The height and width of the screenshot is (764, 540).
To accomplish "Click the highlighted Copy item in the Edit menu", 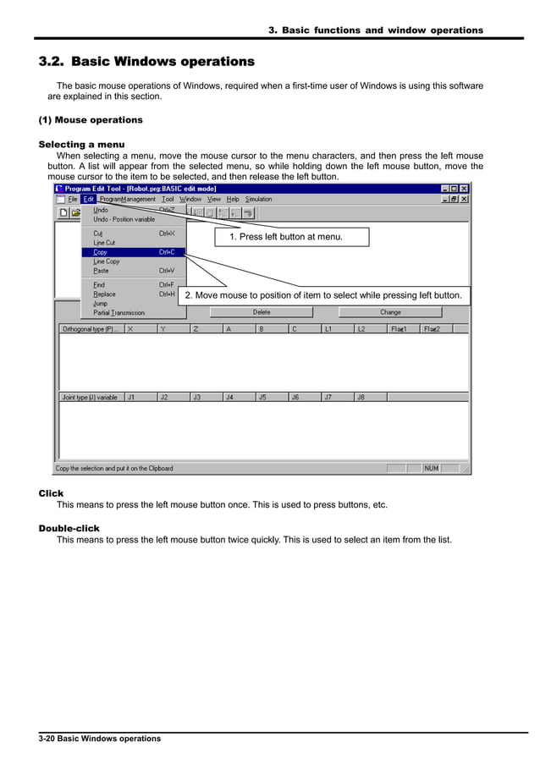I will click(x=101, y=252).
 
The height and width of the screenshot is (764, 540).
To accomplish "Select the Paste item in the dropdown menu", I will click(x=101, y=271).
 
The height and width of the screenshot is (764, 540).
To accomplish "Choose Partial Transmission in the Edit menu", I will click(x=118, y=312).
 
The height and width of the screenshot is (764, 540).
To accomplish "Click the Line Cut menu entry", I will click(x=104, y=243).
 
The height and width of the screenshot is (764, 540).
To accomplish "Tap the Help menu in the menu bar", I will click(x=233, y=200).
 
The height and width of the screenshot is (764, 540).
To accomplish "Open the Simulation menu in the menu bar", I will click(x=259, y=200).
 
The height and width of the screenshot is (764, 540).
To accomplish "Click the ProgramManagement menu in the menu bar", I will click(x=128, y=200).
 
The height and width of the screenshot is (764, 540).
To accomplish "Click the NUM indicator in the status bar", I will click(x=431, y=468).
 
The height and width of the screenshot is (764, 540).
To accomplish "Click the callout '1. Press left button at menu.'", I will click(x=286, y=237).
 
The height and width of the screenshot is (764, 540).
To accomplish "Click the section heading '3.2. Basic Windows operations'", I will click(x=146, y=62).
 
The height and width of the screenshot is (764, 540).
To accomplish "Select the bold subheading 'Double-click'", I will click(x=69, y=529).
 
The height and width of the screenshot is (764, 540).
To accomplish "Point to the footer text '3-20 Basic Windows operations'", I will click(x=100, y=739).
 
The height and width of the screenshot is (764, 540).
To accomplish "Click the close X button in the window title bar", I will click(x=465, y=188).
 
